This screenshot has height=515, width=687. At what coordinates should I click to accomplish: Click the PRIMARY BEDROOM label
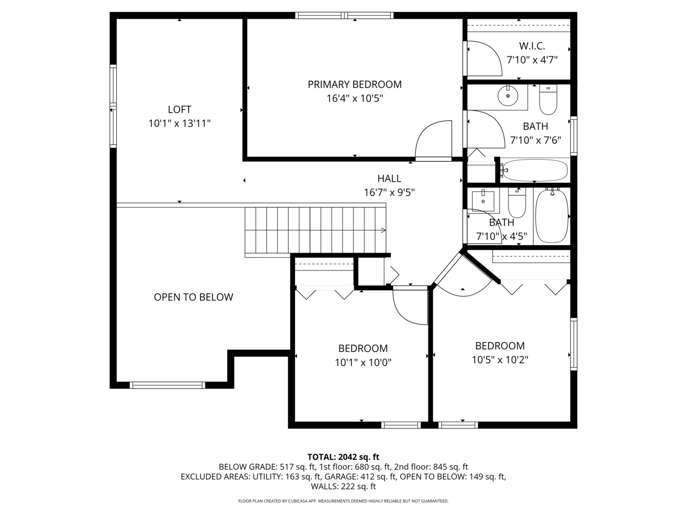(x=354, y=84)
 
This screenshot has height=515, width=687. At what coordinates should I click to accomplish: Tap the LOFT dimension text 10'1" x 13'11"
(x=179, y=124)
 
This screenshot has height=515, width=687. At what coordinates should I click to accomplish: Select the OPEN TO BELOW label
(x=193, y=297)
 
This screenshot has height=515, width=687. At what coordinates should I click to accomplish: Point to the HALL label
(x=389, y=178)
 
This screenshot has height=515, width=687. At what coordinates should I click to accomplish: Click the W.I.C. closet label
(x=532, y=46)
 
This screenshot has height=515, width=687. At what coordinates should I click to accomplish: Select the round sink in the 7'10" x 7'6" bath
(x=508, y=96)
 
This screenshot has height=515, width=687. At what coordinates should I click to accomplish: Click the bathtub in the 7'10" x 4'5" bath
(x=552, y=216)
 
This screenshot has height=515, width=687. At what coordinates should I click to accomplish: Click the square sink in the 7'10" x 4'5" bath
(x=483, y=200)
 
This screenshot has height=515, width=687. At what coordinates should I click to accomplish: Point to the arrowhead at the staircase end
(x=383, y=230)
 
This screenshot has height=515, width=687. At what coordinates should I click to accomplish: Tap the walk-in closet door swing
(x=484, y=60)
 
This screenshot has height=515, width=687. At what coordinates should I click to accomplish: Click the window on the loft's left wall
(x=113, y=105)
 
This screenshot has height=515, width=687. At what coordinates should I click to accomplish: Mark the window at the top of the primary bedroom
(x=344, y=15)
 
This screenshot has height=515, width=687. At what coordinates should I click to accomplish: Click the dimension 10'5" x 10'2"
(x=500, y=360)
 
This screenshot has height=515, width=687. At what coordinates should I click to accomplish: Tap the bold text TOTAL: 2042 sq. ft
(x=343, y=457)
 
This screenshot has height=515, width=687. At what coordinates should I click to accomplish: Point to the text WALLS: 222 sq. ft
(x=343, y=486)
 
